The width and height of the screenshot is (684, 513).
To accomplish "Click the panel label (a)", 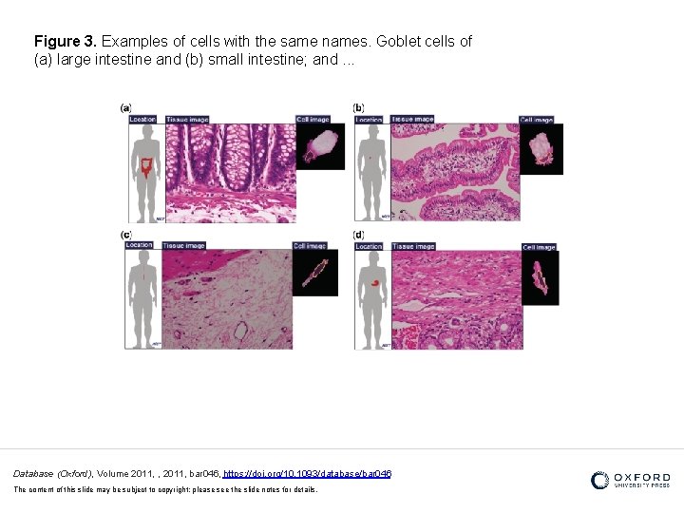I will [x=125, y=108].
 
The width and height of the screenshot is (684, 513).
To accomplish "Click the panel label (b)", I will [x=358, y=108].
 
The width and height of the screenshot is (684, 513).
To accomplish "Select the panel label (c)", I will [x=125, y=235].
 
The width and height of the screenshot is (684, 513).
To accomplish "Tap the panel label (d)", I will [x=358, y=235].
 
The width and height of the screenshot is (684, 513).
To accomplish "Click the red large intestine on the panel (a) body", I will [x=144, y=168].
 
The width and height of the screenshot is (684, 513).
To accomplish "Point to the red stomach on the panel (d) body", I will [x=377, y=282].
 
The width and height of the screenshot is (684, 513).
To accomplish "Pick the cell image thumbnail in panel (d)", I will [x=540, y=277].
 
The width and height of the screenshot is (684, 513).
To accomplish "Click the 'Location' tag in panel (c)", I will [x=139, y=246].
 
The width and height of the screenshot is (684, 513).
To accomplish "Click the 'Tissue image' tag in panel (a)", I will [x=187, y=120].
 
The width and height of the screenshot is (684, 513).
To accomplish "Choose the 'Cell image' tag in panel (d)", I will [x=539, y=247].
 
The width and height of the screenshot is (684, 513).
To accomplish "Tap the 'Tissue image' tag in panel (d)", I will [x=413, y=247].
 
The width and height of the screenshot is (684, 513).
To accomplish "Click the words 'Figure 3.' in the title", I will [x=66, y=42].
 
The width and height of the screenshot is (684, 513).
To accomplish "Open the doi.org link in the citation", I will [x=307, y=473].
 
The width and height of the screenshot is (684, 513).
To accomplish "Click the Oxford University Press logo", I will [x=630, y=480].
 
